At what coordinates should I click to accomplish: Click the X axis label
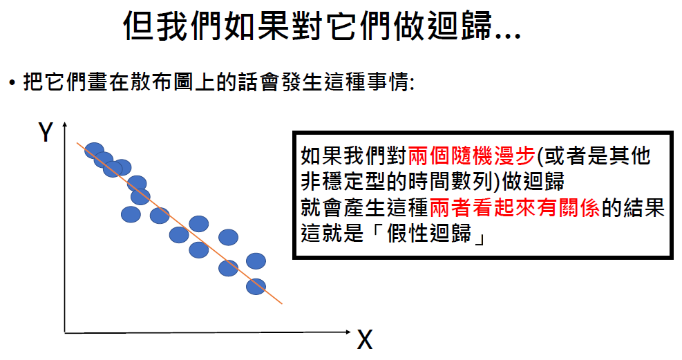364,340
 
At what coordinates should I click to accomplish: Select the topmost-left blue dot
94,150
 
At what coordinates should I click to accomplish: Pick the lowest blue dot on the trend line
256,285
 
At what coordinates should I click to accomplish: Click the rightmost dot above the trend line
256,260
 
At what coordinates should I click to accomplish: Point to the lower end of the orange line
282,303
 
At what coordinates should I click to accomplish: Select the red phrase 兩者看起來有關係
514,208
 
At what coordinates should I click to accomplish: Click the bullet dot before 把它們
12,84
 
